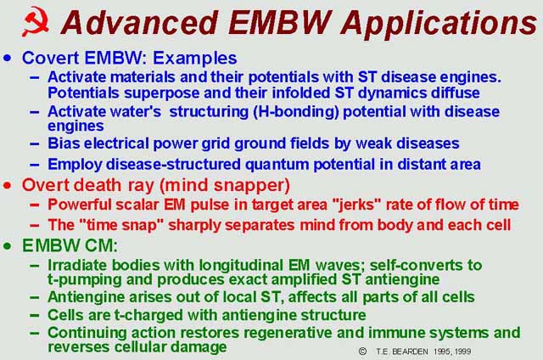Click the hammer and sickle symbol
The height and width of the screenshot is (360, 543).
coord(36,21)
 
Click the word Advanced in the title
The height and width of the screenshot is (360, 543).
coord(139,23)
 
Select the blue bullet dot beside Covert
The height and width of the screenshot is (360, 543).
coord(8,58)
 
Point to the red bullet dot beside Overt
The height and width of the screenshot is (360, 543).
coord(8,185)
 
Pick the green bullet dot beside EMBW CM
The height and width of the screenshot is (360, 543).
coord(8,246)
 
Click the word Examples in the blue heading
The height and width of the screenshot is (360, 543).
coord(195,59)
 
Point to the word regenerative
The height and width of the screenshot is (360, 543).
coord(288,333)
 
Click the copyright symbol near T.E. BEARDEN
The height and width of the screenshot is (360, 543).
coord(362,352)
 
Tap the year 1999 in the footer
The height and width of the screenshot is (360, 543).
coord(462,352)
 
